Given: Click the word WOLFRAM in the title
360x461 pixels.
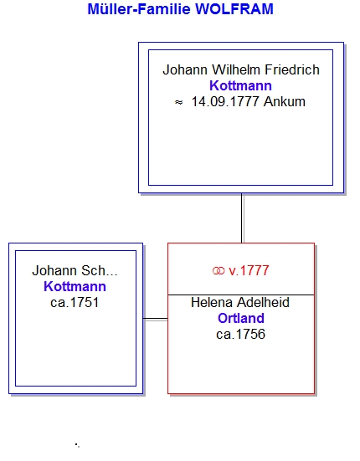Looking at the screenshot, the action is (x=234, y=9).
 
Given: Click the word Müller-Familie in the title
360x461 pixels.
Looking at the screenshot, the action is (x=139, y=9).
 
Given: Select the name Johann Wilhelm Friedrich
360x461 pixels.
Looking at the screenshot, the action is (x=241, y=70).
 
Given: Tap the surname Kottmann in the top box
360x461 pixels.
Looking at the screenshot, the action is (x=240, y=86).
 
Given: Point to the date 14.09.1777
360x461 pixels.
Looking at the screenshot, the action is (x=225, y=102).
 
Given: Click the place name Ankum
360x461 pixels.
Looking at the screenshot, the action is (x=285, y=102).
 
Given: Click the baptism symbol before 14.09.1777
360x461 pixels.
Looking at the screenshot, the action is (x=179, y=102).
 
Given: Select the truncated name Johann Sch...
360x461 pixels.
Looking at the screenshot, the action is (x=75, y=270).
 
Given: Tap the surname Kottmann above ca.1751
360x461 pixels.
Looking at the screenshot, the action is (x=75, y=287).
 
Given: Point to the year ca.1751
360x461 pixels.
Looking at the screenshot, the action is (x=75, y=303).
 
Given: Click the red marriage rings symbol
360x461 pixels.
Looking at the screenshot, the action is (x=219, y=271).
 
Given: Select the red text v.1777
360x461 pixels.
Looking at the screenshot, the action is (x=249, y=271).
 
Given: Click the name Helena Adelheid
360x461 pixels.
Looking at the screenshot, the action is (x=240, y=303).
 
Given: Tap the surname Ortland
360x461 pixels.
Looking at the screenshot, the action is (x=241, y=319).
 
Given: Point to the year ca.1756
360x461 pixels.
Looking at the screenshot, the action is (x=240, y=335).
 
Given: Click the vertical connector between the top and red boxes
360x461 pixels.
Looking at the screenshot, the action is (x=242, y=218).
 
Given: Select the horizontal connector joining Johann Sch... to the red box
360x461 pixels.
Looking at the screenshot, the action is (x=155, y=319).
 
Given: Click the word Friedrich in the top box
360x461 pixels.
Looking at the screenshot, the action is (x=292, y=70).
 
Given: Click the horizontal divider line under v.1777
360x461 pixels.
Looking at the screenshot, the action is (x=241, y=295).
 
